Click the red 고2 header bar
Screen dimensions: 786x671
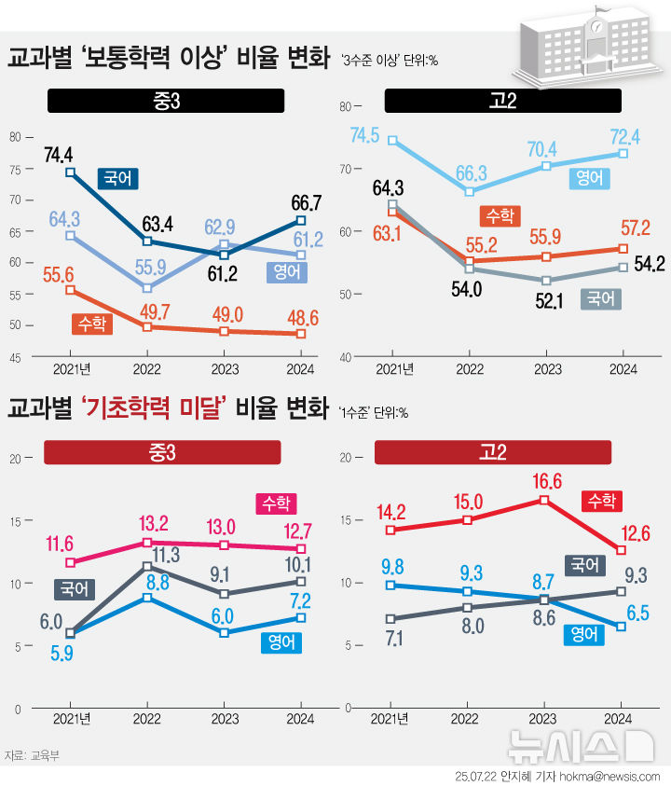pos(492,452)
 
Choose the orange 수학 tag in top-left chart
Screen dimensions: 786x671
pos(91,324)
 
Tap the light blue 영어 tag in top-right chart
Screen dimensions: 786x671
pos(589,178)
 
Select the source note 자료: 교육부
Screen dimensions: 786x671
pos(31,755)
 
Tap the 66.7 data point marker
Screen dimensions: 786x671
pos(300,220)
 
